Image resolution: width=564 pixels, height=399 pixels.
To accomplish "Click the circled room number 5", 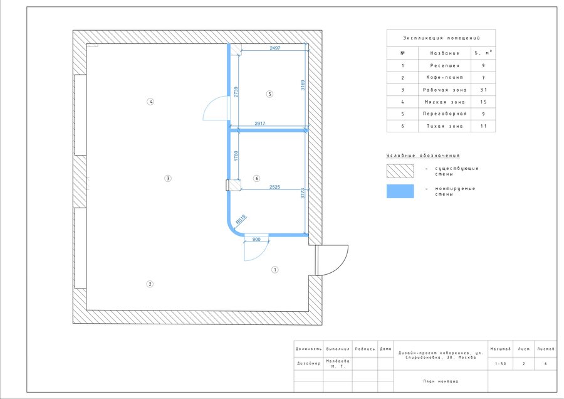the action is click(269, 94).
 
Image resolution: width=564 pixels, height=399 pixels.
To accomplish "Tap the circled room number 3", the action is click(167, 178).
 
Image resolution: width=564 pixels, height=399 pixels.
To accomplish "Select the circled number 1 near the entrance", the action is click(275, 270).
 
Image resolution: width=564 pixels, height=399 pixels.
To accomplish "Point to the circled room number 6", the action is click(256, 178).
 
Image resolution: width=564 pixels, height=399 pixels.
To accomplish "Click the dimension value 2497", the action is click(275, 48).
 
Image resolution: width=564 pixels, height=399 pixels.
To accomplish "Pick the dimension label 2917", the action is click(260, 124).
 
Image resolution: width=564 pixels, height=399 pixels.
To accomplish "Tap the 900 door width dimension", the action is click(256, 240).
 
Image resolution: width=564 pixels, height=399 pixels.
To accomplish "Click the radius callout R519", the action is click(241, 220).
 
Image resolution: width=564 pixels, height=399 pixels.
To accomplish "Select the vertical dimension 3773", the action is click(303, 193).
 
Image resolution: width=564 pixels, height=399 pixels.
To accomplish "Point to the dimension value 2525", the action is click(274, 187).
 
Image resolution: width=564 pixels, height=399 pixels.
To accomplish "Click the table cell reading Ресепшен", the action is click(444, 65).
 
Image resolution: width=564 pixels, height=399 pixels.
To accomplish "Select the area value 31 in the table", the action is click(483, 90).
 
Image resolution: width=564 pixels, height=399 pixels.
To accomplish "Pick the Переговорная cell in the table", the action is click(444, 114).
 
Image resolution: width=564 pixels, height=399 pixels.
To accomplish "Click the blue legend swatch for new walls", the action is click(400, 191).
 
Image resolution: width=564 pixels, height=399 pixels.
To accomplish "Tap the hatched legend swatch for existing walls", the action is click(400, 171).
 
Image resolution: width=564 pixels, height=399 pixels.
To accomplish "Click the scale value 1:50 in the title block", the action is click(500, 364).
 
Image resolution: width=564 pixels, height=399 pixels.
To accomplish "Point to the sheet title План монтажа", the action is click(441, 381).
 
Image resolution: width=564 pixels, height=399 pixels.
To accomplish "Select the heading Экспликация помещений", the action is click(441, 38).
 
